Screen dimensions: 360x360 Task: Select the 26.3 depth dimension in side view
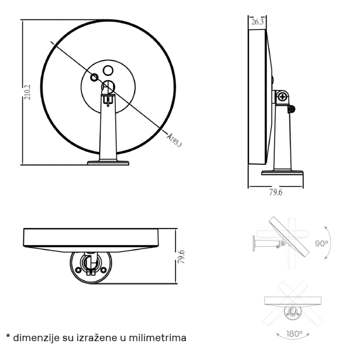coord(258,22)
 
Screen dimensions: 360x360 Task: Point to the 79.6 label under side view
coord(275,193)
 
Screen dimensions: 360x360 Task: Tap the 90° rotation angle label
coord(322,243)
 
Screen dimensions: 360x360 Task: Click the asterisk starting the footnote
coord(8,337)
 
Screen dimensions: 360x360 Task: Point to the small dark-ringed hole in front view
coord(95,77)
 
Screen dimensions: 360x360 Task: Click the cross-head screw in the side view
coord(282,97)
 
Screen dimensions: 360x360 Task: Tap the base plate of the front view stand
coord(108,162)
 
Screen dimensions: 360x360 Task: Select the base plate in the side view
coord(282,173)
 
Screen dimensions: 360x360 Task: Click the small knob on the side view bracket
coord(292,109)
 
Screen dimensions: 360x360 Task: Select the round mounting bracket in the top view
coord(90,265)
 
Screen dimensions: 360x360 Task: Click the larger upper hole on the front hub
coord(108,70)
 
